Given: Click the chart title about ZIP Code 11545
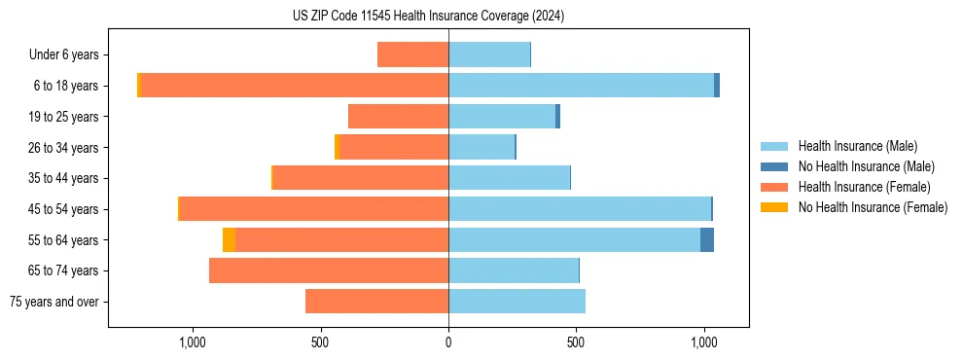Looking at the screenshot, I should click(x=428, y=17).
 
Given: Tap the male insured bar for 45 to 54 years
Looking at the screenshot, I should click(x=580, y=209).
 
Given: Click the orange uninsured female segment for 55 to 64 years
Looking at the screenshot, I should click(x=229, y=240).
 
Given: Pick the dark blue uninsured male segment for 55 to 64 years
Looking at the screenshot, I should click(x=707, y=240).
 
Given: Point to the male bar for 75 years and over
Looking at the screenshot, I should click(x=517, y=302).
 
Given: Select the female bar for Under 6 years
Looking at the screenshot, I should click(x=412, y=55).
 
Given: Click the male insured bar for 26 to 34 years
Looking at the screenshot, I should click(x=481, y=148).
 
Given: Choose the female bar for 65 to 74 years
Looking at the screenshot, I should click(x=329, y=270).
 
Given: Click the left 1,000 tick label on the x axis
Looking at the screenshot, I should click(x=193, y=342).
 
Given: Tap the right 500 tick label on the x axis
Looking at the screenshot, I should click(x=576, y=342).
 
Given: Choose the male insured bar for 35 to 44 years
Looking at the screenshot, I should click(x=509, y=178).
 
